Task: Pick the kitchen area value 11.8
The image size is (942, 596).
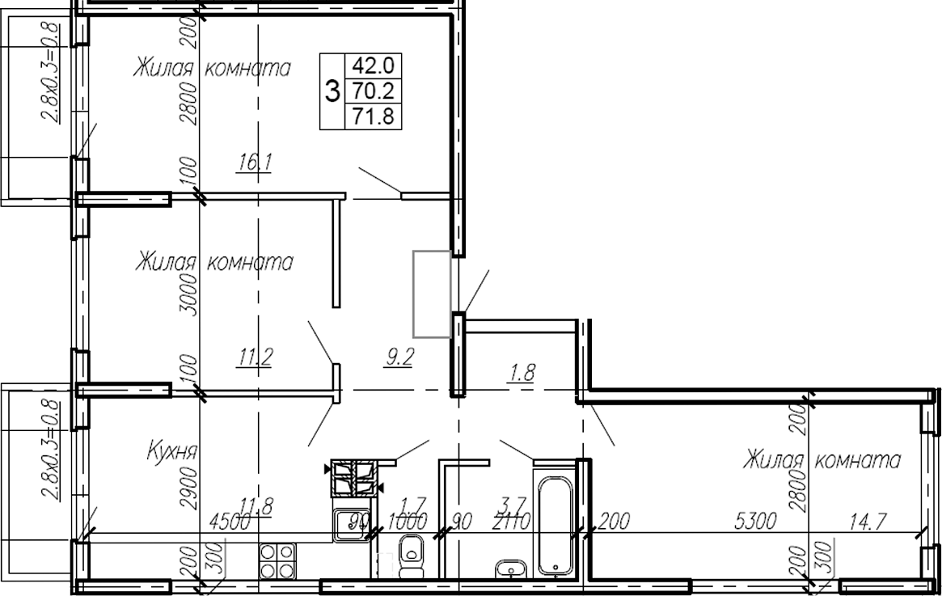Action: [x=257, y=508]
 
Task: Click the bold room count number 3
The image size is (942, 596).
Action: [x=332, y=91]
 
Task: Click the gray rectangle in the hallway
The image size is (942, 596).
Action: [x=432, y=293]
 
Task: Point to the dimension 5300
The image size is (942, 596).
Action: [x=757, y=522]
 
